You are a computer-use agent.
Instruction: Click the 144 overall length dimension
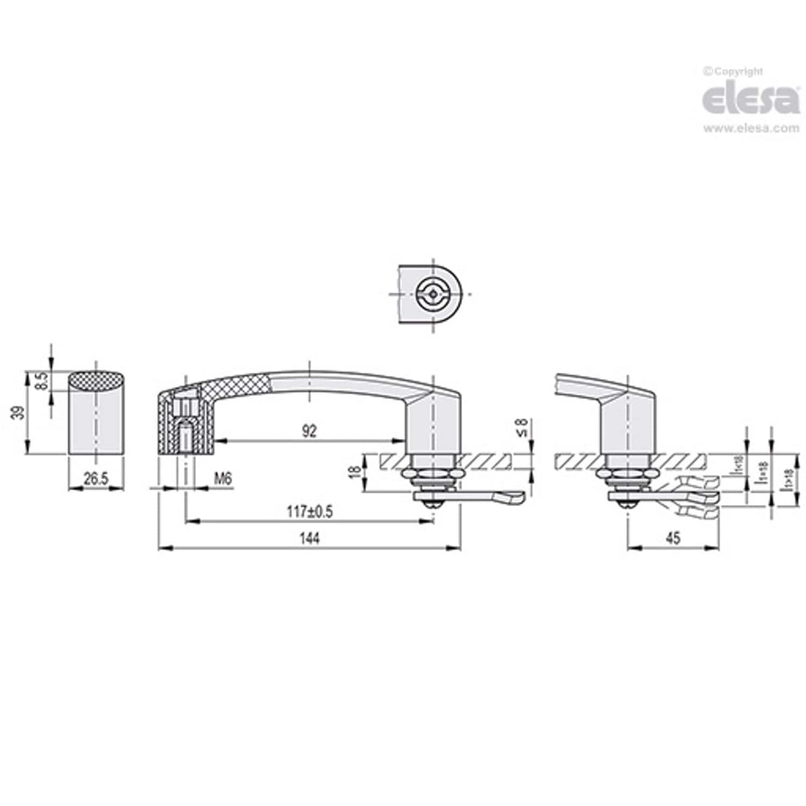coord(309,539)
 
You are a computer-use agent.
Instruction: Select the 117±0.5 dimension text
coord(309,512)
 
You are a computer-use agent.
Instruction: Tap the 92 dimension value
coord(309,431)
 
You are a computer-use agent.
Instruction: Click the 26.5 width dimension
coord(97,479)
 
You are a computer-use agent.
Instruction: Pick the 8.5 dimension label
coord(41,382)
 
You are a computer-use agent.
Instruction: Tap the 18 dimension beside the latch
coord(355,472)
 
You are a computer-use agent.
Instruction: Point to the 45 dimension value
coord(673,539)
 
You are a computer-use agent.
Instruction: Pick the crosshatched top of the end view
coord(97,380)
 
